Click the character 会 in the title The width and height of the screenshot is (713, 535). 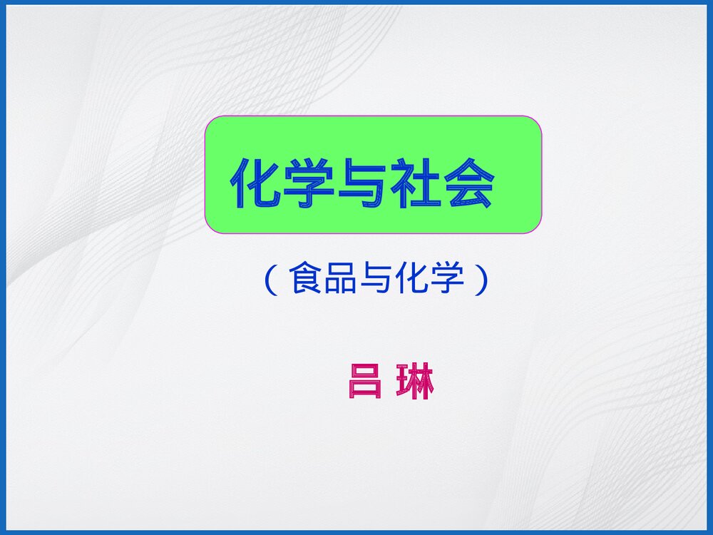pos(471,183)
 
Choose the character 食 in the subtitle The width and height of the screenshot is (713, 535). pos(304,280)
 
